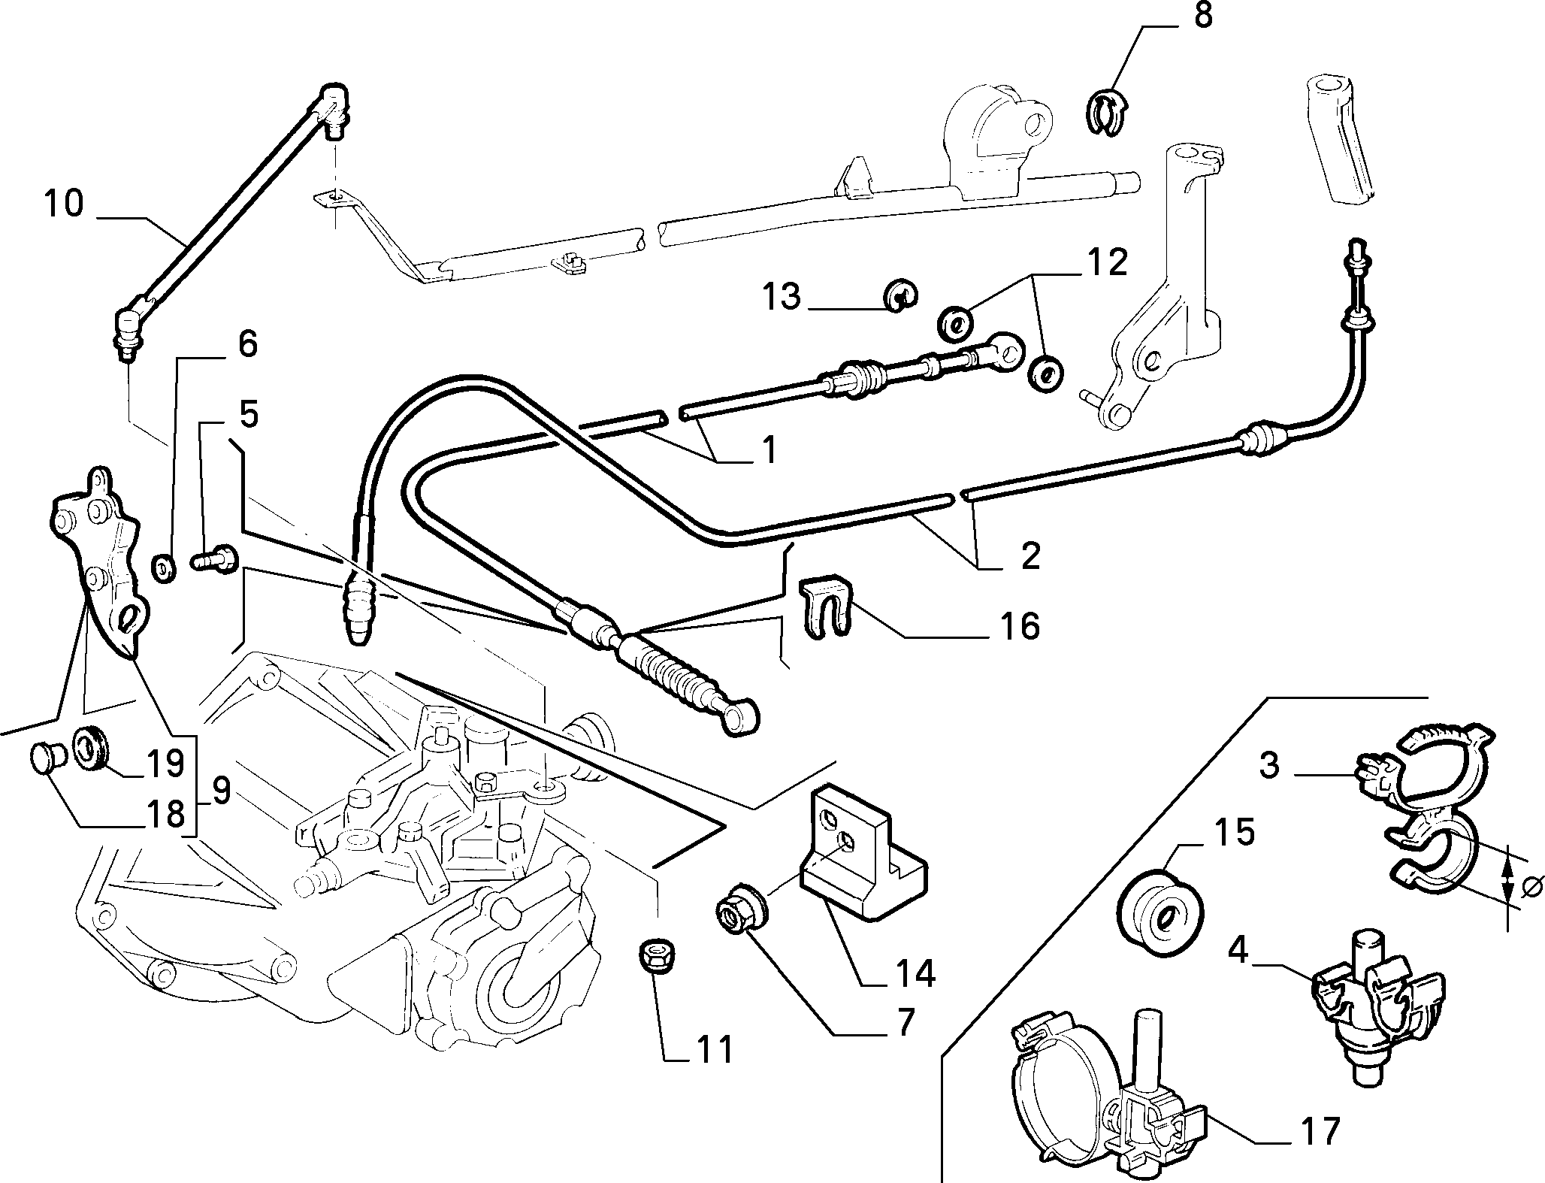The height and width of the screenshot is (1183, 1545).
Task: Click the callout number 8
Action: point(1203,16)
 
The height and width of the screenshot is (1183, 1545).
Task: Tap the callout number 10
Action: point(64,204)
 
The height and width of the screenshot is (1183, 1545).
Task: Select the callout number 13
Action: point(782,296)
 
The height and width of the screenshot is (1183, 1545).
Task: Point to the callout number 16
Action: point(1020,626)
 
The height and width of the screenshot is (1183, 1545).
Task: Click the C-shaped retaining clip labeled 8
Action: point(1105,113)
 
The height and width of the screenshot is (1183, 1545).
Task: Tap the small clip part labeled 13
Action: point(900,295)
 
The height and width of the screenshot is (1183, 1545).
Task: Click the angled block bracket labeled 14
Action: point(863,849)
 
